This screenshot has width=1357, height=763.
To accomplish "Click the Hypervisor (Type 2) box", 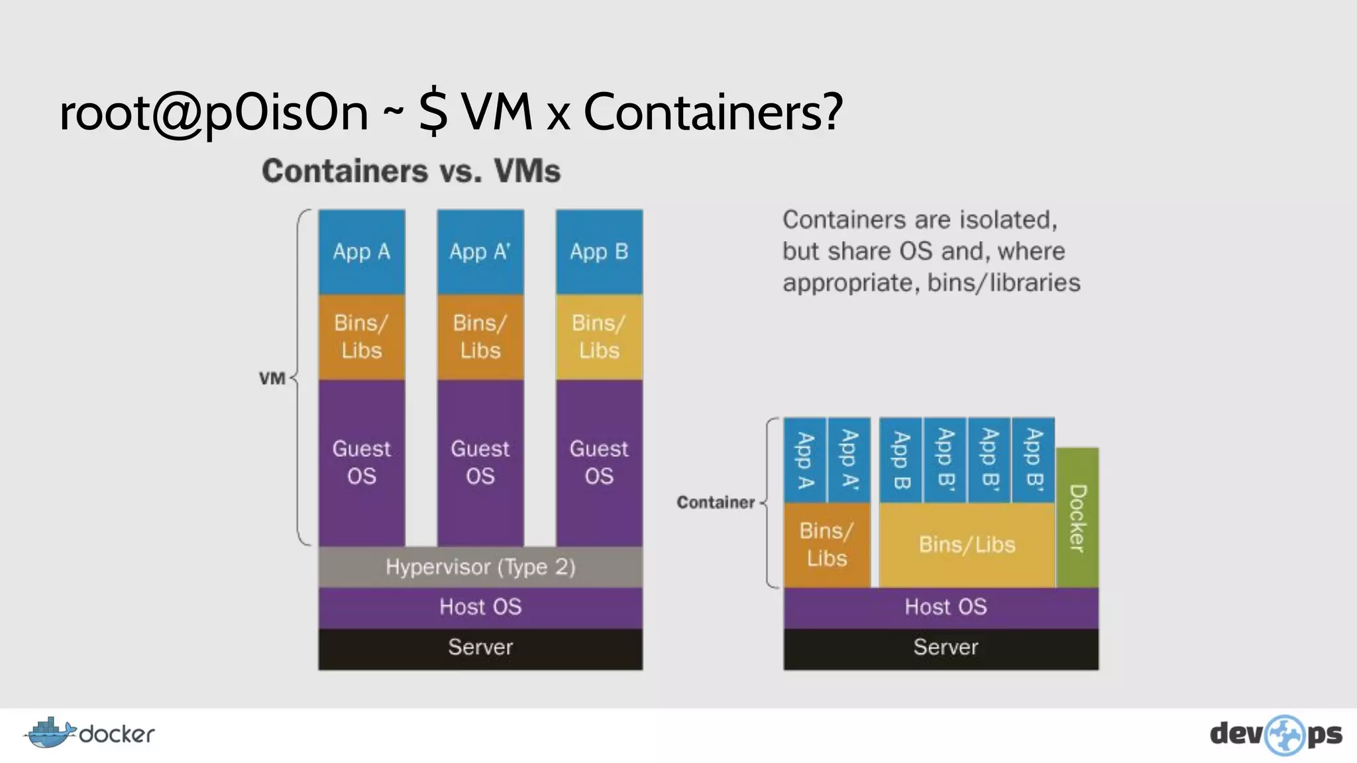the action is [480, 567].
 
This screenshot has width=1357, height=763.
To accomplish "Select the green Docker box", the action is [1077, 518].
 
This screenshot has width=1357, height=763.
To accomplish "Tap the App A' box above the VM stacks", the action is [480, 252].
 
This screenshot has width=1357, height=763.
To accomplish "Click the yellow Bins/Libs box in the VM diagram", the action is [599, 336].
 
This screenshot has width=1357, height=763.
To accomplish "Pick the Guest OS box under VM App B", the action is [599, 462].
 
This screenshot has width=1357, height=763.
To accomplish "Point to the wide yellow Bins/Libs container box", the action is [967, 544].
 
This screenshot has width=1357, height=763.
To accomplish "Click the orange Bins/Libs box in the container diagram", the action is [826, 544].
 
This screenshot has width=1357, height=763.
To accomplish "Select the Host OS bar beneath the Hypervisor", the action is [480, 607].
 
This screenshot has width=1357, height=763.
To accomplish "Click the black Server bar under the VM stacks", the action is [480, 648].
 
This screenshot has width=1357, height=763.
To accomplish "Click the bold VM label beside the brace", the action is [272, 379].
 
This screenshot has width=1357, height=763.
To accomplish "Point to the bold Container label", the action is [716, 503].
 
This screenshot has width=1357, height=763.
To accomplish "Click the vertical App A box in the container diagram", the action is [805, 460].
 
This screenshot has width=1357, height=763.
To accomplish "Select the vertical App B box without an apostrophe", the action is [901, 460].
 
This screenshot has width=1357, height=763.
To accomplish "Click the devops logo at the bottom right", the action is [1276, 735].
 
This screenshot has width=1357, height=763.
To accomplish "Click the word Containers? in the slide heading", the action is [713, 111].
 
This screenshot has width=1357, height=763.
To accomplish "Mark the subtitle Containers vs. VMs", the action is [411, 171].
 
